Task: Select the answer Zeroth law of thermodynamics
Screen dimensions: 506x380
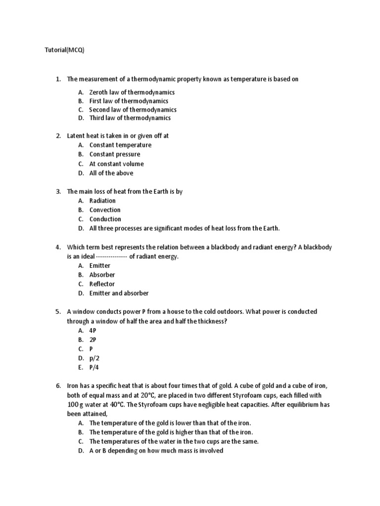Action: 132,92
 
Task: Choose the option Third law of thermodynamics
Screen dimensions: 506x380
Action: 130,118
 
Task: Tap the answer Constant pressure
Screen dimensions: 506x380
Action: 114,154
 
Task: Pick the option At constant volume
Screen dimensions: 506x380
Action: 116,164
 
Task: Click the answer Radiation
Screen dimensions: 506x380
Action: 102,201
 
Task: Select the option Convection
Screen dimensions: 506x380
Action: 105,210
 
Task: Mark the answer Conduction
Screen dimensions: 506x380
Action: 105,219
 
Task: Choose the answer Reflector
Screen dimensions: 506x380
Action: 102,284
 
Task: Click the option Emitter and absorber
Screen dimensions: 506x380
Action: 119,293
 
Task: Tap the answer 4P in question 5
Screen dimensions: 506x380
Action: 93,330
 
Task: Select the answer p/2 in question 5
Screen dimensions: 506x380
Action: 94,358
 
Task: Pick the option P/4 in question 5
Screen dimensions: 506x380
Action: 94,367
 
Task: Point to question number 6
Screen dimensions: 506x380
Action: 58,386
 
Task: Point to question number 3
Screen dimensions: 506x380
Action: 58,191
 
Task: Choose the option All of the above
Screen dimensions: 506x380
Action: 111,173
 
